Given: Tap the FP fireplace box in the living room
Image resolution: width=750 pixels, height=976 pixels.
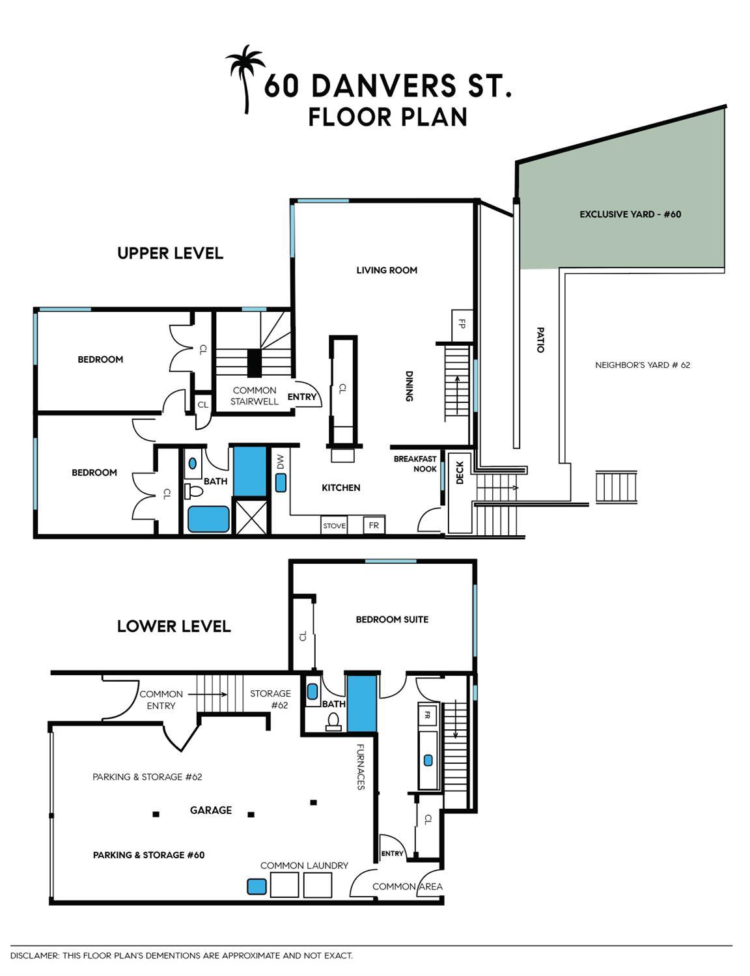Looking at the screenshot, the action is click(462, 325).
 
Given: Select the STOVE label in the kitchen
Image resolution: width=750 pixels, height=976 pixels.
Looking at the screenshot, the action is click(335, 525).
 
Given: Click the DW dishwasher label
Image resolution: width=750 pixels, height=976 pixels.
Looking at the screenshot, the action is click(280, 462).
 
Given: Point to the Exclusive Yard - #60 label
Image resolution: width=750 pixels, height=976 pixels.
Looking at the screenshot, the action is click(630, 214).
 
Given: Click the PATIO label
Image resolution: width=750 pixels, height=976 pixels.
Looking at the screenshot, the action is click(541, 340).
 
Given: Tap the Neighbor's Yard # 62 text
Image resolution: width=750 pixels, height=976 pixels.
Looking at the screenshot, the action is click(643, 365).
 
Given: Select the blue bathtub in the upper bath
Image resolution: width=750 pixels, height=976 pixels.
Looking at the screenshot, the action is click(208, 519).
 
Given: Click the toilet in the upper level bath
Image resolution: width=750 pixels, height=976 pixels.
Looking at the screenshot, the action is click(193, 490).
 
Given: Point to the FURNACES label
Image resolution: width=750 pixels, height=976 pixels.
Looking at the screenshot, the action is click(360, 767).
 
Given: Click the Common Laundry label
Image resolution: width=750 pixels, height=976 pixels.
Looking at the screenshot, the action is click(304, 865).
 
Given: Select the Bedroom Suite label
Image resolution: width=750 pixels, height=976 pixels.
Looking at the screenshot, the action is click(392, 619).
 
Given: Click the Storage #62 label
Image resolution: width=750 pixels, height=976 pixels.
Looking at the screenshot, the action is click(270, 699).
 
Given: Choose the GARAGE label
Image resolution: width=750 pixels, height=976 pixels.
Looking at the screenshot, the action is click(211, 810).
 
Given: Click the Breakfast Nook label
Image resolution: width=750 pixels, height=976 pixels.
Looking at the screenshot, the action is click(415, 464).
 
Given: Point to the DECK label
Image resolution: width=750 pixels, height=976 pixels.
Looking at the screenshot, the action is click(460, 473).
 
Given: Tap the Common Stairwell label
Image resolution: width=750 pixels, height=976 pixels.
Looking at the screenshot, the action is click(254, 396).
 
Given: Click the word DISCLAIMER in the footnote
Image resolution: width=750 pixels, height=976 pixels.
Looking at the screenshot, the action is click(35, 955).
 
